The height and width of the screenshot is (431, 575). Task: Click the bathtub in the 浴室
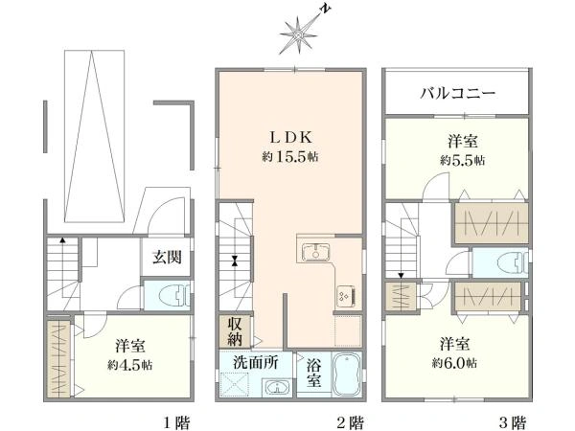345,374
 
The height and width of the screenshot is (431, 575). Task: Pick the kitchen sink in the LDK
314,253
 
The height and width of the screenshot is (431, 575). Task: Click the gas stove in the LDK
343,296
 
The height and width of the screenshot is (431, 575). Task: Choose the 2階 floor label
350,420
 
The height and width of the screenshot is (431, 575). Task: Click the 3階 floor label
514,420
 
